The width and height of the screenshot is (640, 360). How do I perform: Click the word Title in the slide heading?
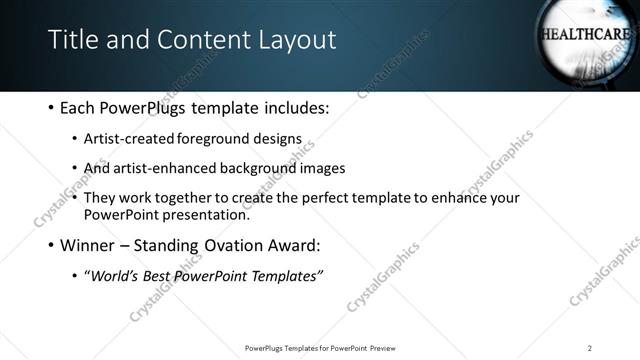click(x=73, y=40)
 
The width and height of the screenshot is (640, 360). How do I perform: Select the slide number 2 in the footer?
click(x=590, y=347)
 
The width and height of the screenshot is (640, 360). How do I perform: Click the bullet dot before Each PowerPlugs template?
click(x=50, y=107)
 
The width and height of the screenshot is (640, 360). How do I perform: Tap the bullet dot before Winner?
click(x=50, y=245)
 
